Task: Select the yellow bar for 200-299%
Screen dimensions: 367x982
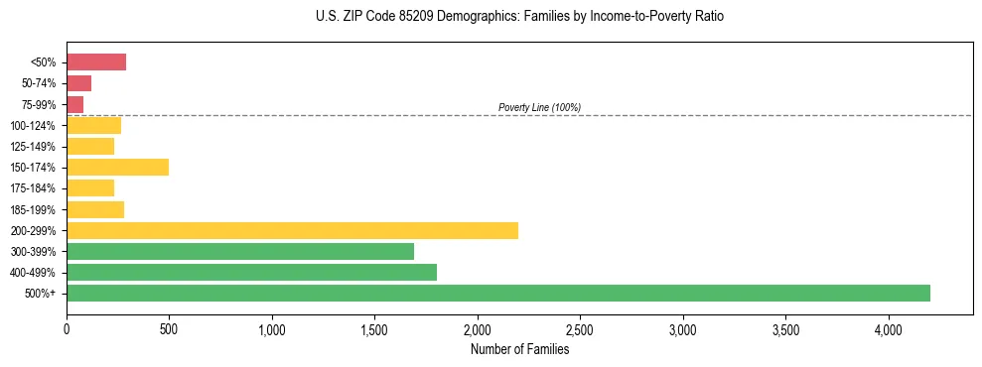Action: pyautogui.click(x=292, y=230)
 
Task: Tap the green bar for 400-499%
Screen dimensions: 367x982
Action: pyautogui.click(x=251, y=272)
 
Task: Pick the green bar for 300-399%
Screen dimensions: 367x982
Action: pyautogui.click(x=240, y=251)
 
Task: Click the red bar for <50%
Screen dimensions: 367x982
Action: pyautogui.click(x=96, y=62)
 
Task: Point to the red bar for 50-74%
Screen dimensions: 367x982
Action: pyautogui.click(x=78, y=83)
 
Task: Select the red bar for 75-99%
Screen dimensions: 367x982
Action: pyautogui.click(x=74, y=104)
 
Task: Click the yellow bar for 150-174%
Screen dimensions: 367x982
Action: pyautogui.click(x=117, y=167)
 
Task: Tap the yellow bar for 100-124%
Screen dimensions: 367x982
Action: pyautogui.click(x=93, y=125)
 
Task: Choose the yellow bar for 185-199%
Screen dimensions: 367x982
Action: pyautogui.click(x=95, y=209)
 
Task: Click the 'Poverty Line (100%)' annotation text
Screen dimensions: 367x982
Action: pyautogui.click(x=539, y=107)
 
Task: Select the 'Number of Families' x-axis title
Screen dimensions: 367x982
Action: pyautogui.click(x=519, y=349)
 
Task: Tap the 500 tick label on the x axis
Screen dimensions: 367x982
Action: pyautogui.click(x=169, y=328)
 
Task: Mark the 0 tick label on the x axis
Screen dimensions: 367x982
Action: pyautogui.click(x=67, y=328)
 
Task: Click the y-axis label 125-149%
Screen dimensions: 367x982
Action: pyautogui.click(x=34, y=147)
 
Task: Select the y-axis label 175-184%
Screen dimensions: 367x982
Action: pyautogui.click(x=34, y=188)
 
